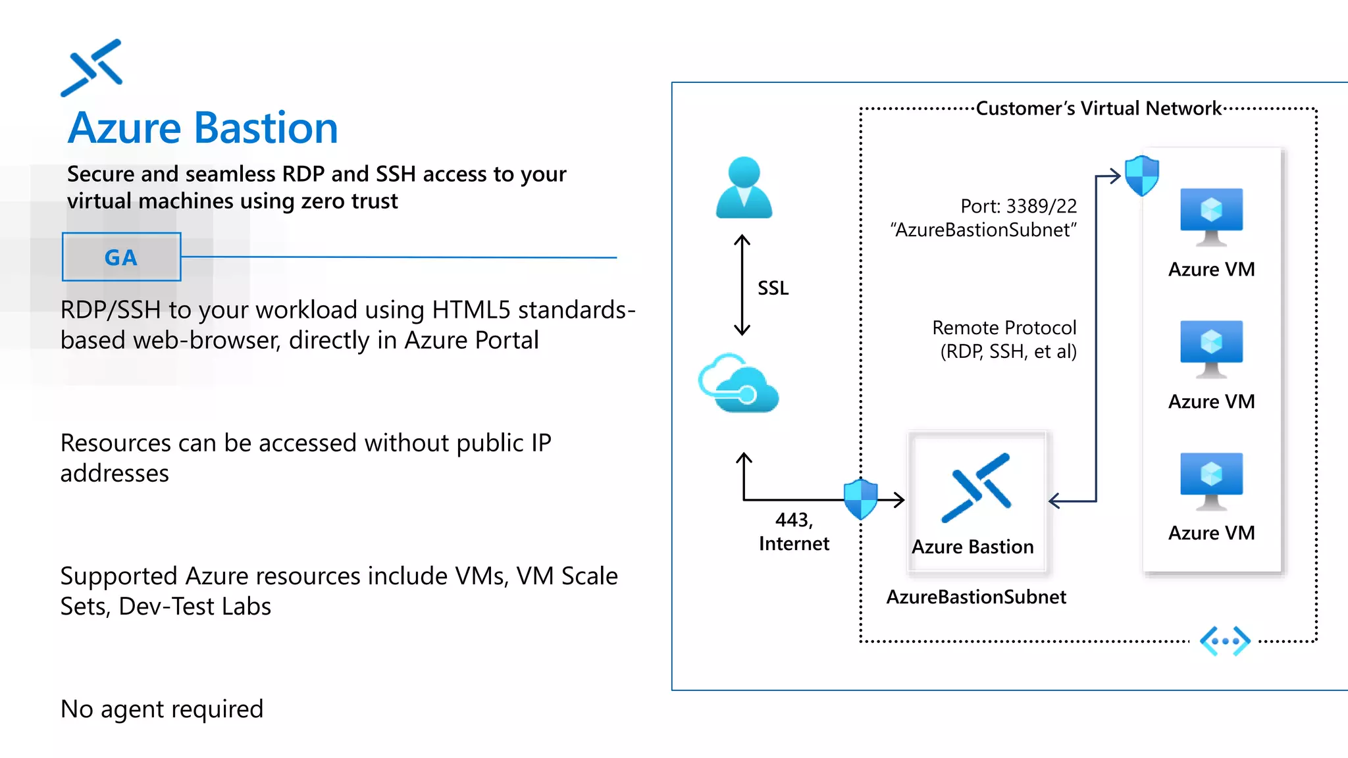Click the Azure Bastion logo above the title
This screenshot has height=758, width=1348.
tap(91, 68)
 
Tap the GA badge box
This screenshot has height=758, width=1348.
tap(122, 257)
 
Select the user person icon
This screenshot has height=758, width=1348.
tap(744, 188)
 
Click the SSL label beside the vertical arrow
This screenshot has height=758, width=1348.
tap(773, 288)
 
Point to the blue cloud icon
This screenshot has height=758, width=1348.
tap(739, 384)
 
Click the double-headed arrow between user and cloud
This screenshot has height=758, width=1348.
tap(742, 285)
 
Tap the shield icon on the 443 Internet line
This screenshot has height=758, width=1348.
tap(861, 499)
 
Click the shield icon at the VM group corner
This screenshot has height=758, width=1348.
tap(1141, 176)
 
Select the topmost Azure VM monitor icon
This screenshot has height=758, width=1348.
tap(1211, 216)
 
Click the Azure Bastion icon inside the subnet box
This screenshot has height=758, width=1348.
tap(976, 488)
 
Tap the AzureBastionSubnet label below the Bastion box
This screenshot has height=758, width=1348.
tap(975, 597)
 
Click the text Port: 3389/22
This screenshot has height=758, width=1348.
tap(1018, 206)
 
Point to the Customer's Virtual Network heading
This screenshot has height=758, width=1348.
tap(1098, 108)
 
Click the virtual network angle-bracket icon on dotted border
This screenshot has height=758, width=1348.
tap(1224, 641)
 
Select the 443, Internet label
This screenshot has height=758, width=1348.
tap(794, 532)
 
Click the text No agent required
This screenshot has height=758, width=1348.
tap(162, 709)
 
